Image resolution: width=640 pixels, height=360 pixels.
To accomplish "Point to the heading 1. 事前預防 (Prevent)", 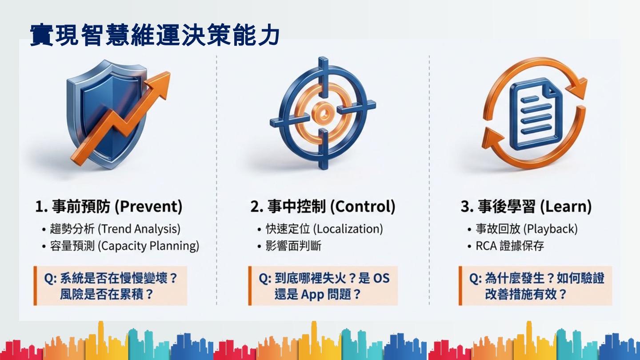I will tap(108, 207).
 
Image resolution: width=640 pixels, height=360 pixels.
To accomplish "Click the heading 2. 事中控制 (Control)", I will tap(322, 207).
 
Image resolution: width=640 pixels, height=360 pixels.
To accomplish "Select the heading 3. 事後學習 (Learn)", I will tap(526, 207).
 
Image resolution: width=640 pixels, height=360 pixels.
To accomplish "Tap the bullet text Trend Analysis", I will tap(139, 229).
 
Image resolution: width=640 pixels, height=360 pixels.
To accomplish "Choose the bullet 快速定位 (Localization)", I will tap(324, 229).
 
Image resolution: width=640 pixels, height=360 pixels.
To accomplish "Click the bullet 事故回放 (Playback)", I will tap(526, 229).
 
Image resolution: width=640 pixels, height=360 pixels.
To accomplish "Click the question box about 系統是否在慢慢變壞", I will tap(111, 286).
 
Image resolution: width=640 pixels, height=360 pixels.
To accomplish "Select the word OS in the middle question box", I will tap(381, 278).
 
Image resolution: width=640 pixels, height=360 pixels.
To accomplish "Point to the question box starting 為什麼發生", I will tap(536, 286).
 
